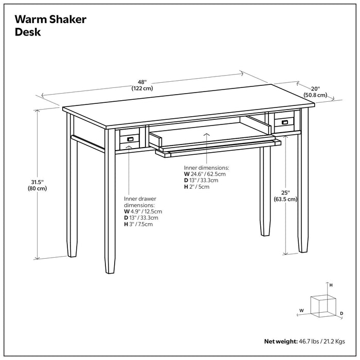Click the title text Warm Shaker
coord(50,20)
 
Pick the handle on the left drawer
coord(130,139)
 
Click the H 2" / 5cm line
coord(196,187)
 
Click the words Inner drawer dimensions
coord(140,202)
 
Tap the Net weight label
coord(281,341)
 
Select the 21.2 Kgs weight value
coord(333,341)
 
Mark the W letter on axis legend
coord(302,310)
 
